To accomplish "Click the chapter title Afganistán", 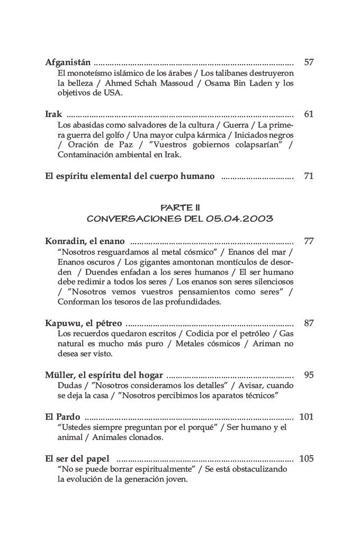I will pos(68,62).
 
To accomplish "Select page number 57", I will pos(309,62).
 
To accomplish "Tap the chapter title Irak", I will pos(54,114).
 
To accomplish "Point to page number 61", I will pos(309,114).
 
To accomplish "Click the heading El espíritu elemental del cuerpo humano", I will pos(130,176).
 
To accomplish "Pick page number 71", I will pos(309,176).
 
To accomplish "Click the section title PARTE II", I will pos(179,208).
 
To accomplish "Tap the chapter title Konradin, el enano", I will pos(85,241).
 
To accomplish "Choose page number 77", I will pos(309,241).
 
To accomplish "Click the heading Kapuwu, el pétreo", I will pos(84,323).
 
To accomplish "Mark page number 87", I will pos(309,323).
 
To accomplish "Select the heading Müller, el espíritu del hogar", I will pos(104,375).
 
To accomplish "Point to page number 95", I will pos(309,375).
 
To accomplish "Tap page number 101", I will pos(307,417).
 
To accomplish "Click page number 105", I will pos(307,458).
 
